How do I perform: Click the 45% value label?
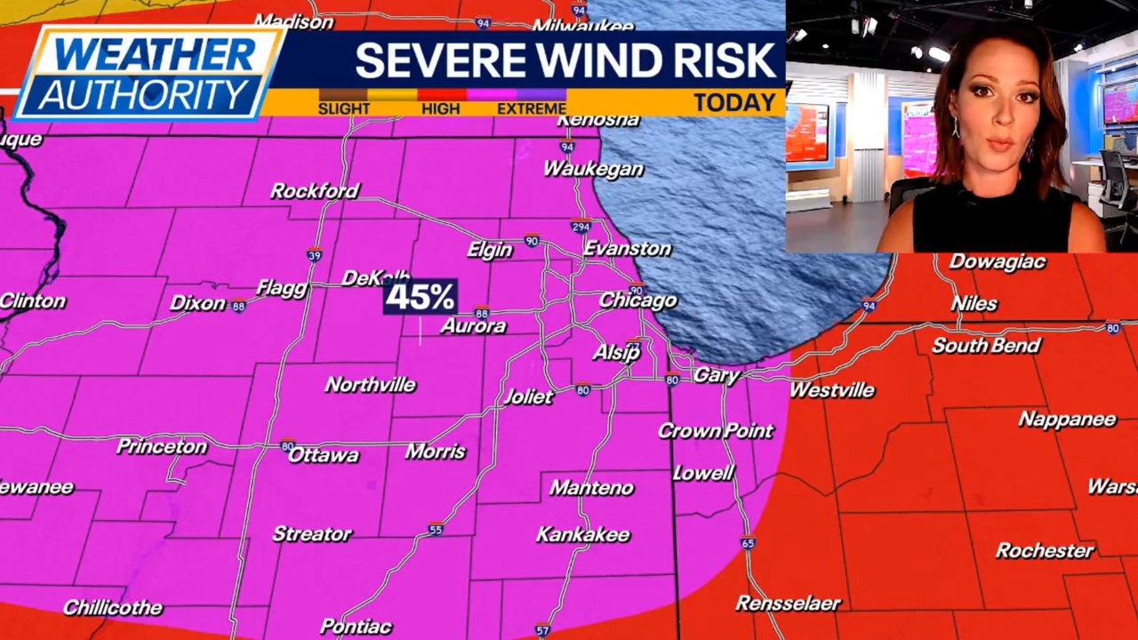click(x=421, y=297)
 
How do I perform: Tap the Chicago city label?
click(x=637, y=300)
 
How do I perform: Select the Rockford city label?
click(x=315, y=191)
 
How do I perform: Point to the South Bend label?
click(x=985, y=346)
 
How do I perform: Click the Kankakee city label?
click(x=582, y=535)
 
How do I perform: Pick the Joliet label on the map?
click(x=528, y=396)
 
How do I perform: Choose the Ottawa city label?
click(x=324, y=455)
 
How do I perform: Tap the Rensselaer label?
click(x=788, y=604)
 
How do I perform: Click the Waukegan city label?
click(x=593, y=169)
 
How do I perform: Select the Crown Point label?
click(x=716, y=431)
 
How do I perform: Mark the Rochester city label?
click(x=1045, y=551)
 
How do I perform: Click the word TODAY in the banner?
click(x=734, y=102)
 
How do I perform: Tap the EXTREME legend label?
click(x=532, y=108)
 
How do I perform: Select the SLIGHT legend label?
click(x=343, y=108)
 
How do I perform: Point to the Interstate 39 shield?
click(x=314, y=254)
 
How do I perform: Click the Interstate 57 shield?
click(x=542, y=630)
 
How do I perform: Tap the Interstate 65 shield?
click(x=748, y=543)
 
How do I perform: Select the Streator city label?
click(x=312, y=534)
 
